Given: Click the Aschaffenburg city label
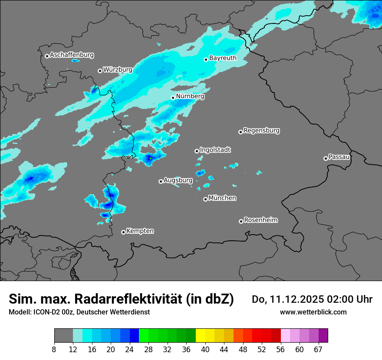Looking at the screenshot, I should [72, 55].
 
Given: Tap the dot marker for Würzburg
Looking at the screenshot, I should [100, 71].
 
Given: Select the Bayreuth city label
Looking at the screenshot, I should [223, 58].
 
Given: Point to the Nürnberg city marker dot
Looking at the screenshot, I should [173, 98].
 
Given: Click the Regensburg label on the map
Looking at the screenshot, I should [261, 130].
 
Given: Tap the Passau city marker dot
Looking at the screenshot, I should [326, 158].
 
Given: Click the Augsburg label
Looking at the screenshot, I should [178, 180].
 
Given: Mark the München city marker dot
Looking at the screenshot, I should [205, 200].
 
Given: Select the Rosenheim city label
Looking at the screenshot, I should [260, 220].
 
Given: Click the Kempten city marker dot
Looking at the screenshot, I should [123, 232].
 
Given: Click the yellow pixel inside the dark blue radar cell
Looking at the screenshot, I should [151, 158].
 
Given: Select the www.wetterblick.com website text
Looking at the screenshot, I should [313, 312].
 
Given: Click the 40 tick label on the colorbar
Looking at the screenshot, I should [205, 350].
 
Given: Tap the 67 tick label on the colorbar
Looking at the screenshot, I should [318, 350].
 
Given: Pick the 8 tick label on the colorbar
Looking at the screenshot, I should [54, 350].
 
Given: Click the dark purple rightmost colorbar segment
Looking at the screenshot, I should [323, 336].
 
